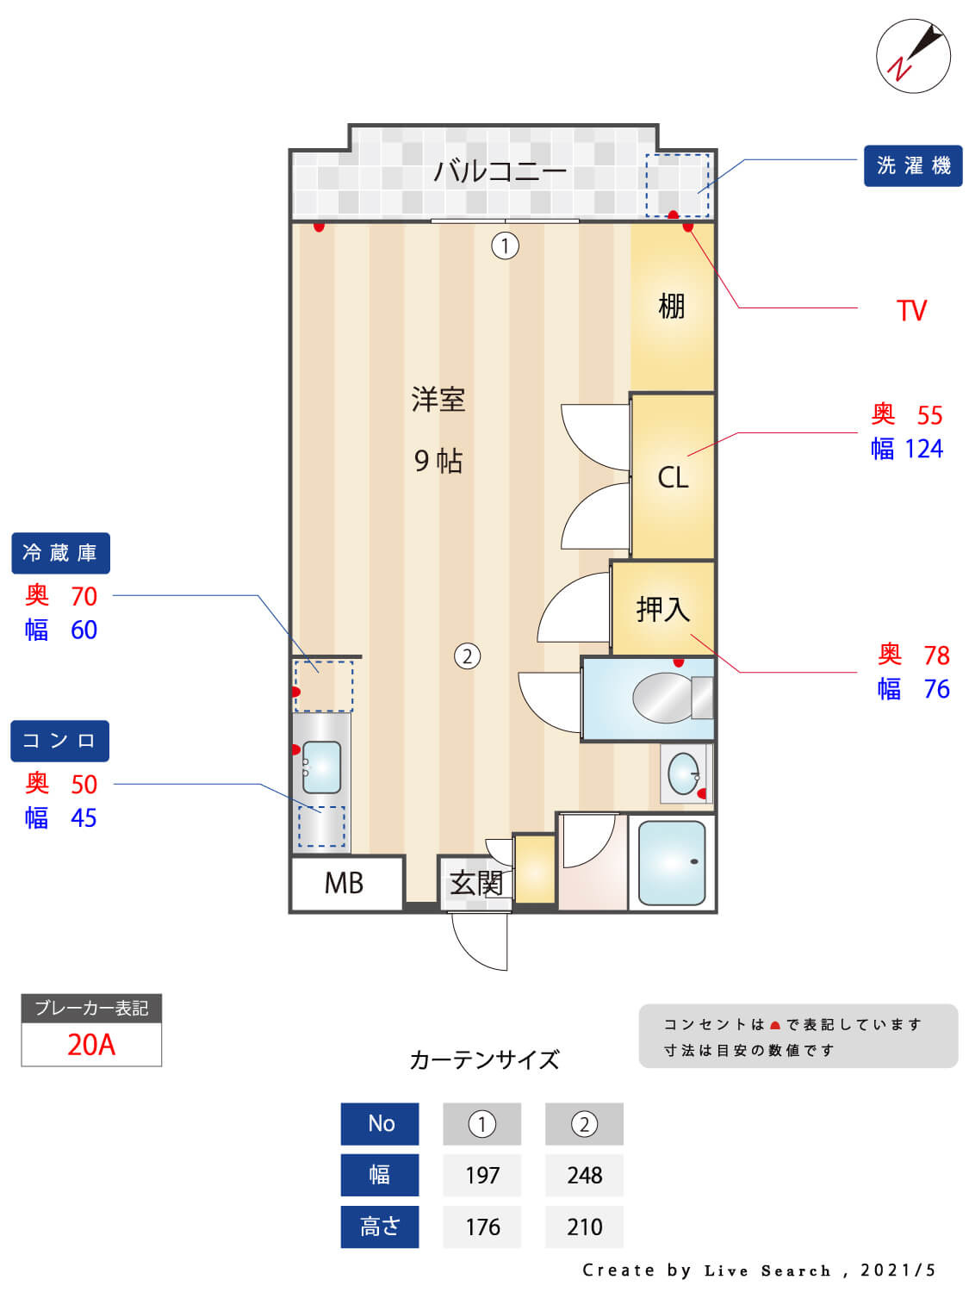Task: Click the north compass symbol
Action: pyautogui.click(x=913, y=56)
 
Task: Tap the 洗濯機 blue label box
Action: pyautogui.click(x=912, y=165)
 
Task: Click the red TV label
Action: pyautogui.click(x=911, y=310)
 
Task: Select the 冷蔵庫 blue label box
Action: pyautogui.click(x=60, y=553)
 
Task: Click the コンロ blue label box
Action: pyautogui.click(x=59, y=741)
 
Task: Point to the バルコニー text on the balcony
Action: pyautogui.click(x=500, y=171)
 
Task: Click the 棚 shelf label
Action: pyautogui.click(x=671, y=306)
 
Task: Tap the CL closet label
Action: pyautogui.click(x=673, y=477)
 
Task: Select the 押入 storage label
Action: pyautogui.click(x=662, y=609)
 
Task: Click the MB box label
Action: pyautogui.click(x=344, y=883)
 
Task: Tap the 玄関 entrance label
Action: pyautogui.click(x=475, y=883)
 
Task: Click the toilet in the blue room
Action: pyautogui.click(x=668, y=698)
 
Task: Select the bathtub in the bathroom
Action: pyautogui.click(x=672, y=861)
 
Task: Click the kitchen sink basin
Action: pyautogui.click(x=321, y=767)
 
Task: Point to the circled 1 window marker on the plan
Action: pyautogui.click(x=505, y=246)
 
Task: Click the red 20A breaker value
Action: pyautogui.click(x=91, y=1044)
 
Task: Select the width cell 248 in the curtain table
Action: pyautogui.click(x=584, y=1175)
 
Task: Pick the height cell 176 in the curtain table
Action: pyautogui.click(x=482, y=1227)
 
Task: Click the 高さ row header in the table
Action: pyautogui.click(x=380, y=1227)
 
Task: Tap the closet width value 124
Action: pyautogui.click(x=923, y=449)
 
